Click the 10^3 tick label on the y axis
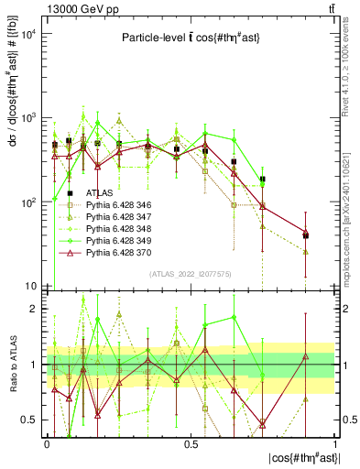[x=31, y=118]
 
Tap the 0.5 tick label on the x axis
[x=191, y=443]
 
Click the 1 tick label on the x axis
[x=335, y=443]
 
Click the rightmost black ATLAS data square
[x=306, y=235]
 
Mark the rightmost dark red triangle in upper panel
[x=306, y=233]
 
